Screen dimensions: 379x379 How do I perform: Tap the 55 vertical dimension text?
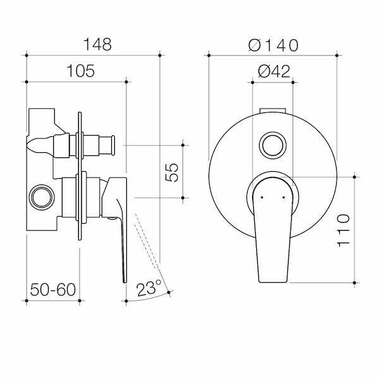(172, 171)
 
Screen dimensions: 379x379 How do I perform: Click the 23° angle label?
(149, 289)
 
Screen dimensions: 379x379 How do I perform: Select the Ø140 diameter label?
(273, 45)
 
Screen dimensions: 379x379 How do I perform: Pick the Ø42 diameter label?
(274, 71)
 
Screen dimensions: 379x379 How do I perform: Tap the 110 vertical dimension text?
(343, 231)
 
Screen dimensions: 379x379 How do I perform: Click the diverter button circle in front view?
(274, 145)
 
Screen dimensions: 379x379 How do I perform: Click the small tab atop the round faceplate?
(273, 111)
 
